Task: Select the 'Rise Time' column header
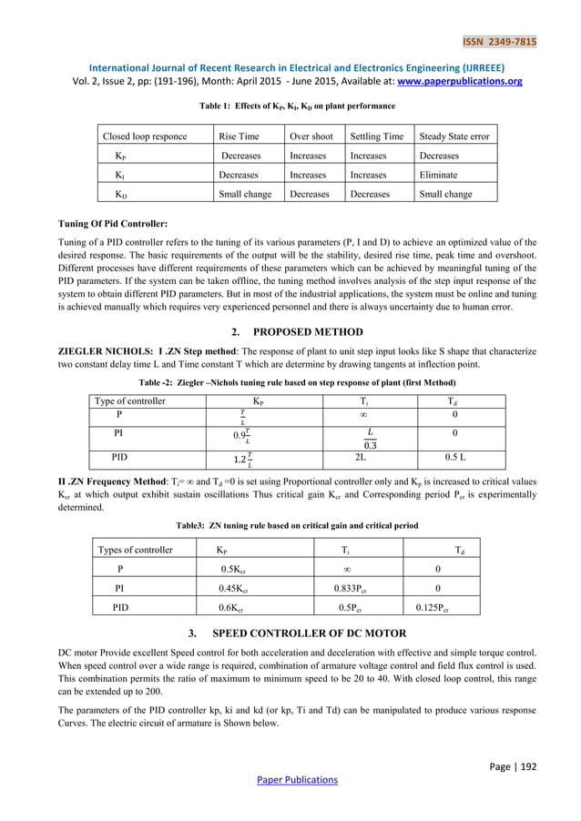click(239, 137)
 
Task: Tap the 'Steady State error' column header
click(454, 137)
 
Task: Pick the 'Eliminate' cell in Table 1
click(438, 175)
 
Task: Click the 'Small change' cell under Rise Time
click(245, 194)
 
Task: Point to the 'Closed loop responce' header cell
click(145, 137)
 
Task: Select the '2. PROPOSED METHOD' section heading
click(290, 331)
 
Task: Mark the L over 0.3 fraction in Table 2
click(370, 437)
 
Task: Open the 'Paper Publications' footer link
click(290, 780)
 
